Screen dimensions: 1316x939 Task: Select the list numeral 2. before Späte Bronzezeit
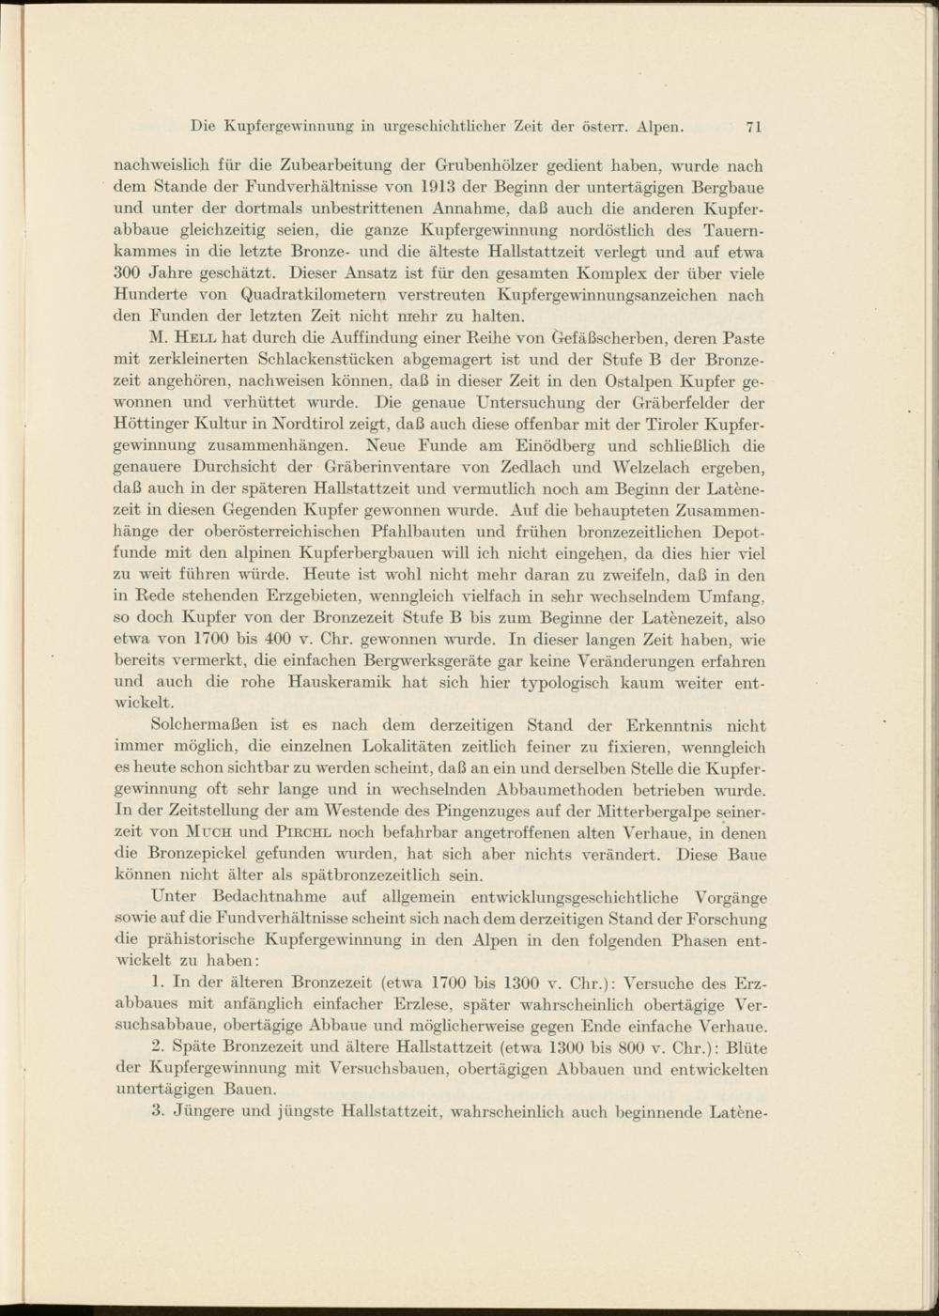pos(157,1047)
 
